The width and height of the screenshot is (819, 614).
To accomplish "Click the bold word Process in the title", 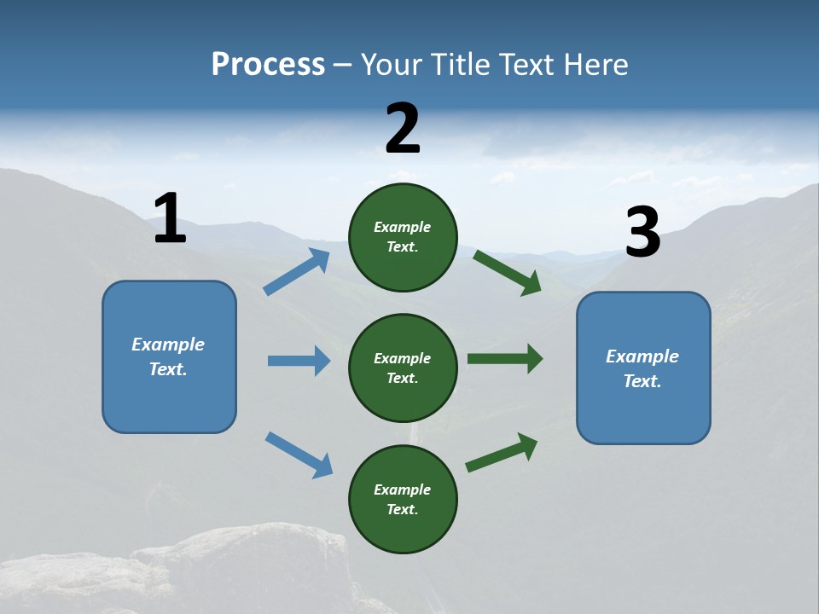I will [268, 65].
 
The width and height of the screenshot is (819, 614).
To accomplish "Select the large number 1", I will [170, 219].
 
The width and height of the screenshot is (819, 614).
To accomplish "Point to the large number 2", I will [403, 129].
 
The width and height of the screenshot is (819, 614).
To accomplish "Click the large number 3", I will [642, 233].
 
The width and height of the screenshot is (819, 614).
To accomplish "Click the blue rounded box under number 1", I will [169, 356].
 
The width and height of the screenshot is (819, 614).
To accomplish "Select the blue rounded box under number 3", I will [643, 368].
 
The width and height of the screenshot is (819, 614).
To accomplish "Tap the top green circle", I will [403, 237].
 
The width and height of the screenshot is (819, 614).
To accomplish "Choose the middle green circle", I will [403, 368].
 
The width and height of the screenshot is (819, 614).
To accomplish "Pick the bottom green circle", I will [403, 499].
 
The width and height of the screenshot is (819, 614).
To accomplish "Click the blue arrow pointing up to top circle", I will [297, 272].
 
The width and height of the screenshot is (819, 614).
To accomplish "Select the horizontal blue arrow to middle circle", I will [299, 361].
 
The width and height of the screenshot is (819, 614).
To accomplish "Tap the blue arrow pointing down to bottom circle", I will [299, 455].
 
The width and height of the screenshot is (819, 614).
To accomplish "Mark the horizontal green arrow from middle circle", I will [505, 359].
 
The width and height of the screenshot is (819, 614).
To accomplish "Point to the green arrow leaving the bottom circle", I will [502, 453].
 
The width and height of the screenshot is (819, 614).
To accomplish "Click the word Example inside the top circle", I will [403, 227].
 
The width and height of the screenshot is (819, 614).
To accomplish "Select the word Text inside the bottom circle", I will [401, 509].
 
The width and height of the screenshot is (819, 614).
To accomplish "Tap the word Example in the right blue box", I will [642, 356].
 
